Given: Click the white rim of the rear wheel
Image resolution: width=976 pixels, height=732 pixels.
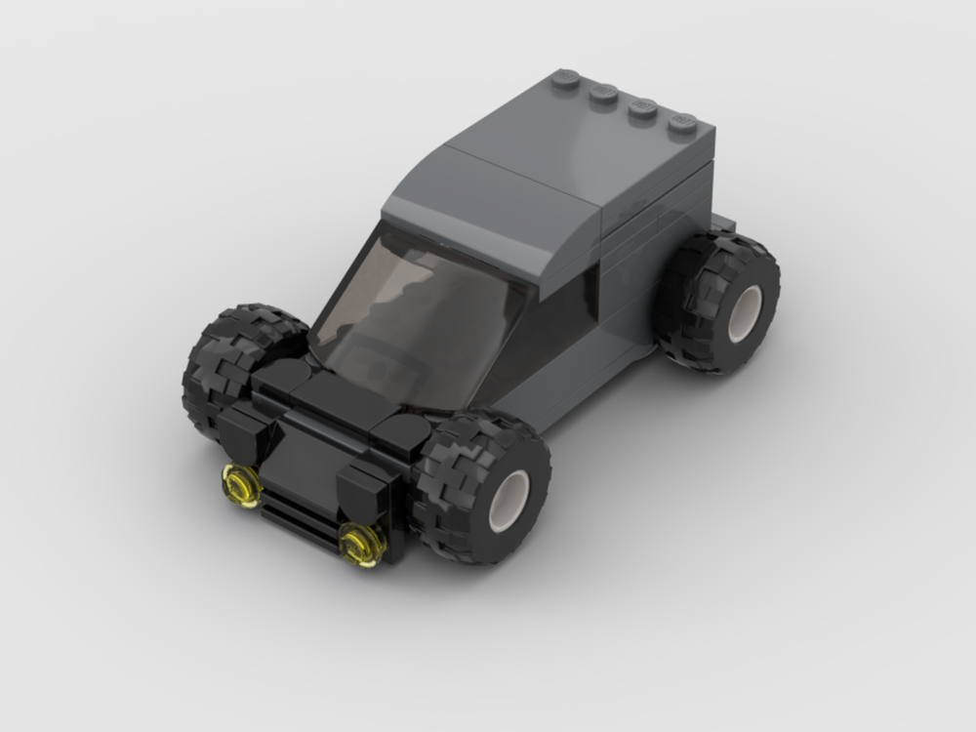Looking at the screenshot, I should point(744,312).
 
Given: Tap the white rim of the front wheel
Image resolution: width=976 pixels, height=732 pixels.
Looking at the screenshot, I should point(508,501).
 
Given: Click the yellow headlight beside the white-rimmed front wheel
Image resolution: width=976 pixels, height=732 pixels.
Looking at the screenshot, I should point(362,544).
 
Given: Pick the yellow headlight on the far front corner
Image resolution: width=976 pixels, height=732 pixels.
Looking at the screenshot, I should point(240,485).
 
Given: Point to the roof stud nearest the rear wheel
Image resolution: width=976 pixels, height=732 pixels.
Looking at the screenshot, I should point(682,124).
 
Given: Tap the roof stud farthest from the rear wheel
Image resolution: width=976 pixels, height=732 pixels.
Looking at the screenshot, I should point(565,79).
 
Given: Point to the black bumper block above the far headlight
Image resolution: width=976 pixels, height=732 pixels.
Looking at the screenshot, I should point(239,429).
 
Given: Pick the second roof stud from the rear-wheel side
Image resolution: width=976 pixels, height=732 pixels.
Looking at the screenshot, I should point(642,108).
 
